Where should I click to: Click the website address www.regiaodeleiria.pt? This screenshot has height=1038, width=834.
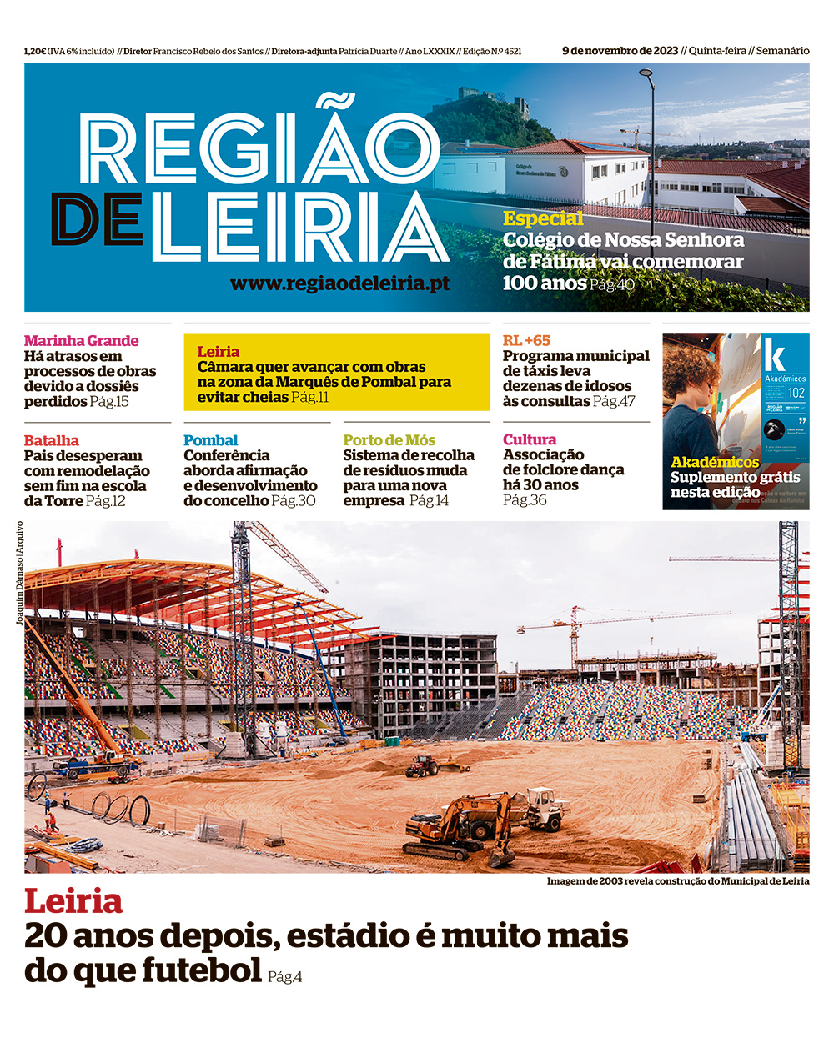click(339, 283)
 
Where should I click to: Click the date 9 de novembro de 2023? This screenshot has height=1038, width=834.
click(620, 51)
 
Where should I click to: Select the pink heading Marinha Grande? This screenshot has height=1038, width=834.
click(81, 340)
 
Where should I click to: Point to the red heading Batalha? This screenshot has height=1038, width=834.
click(52, 440)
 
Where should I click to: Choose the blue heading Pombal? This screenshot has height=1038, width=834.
click(210, 440)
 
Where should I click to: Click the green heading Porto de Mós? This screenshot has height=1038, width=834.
click(389, 440)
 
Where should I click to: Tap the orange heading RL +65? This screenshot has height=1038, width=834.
click(526, 340)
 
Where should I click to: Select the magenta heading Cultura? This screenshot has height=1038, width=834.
click(529, 439)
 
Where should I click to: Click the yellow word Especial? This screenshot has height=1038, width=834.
click(543, 218)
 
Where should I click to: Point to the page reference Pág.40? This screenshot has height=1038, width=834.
click(612, 284)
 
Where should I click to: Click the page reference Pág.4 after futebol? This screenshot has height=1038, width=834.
click(285, 976)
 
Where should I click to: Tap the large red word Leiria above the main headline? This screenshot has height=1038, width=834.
click(73, 901)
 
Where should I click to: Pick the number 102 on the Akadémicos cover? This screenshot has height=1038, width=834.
click(796, 393)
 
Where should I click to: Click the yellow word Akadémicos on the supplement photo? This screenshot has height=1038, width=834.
click(715, 462)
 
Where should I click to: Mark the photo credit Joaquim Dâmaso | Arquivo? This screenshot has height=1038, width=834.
click(19, 573)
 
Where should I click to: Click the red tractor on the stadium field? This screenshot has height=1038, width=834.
click(422, 764)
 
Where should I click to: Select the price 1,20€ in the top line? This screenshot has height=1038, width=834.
click(35, 52)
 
